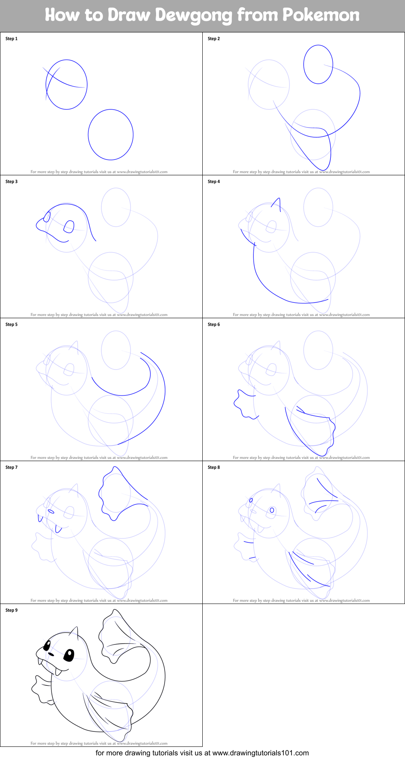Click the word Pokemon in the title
(x=321, y=15)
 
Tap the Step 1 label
(x=11, y=39)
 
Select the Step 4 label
(x=214, y=182)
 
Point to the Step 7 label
(x=11, y=468)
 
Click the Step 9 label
(x=11, y=610)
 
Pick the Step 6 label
(x=214, y=325)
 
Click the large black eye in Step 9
(x=69, y=655)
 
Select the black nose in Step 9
(x=51, y=654)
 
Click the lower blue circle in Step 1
(x=111, y=135)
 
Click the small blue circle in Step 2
(x=318, y=64)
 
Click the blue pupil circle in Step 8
(x=272, y=510)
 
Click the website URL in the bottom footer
(x=260, y=753)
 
